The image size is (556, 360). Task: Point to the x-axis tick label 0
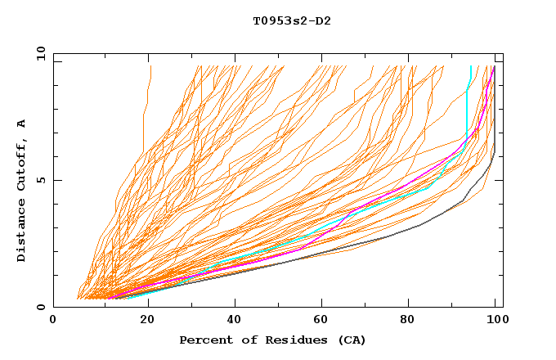pos(54,321)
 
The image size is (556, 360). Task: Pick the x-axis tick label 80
pos(413,321)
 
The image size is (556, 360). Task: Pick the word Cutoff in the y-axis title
pos(22,167)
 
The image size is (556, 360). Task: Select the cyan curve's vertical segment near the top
pos(466,115)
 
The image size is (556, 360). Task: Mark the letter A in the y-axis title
pos(22,123)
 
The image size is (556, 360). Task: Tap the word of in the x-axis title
pos(242,340)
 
